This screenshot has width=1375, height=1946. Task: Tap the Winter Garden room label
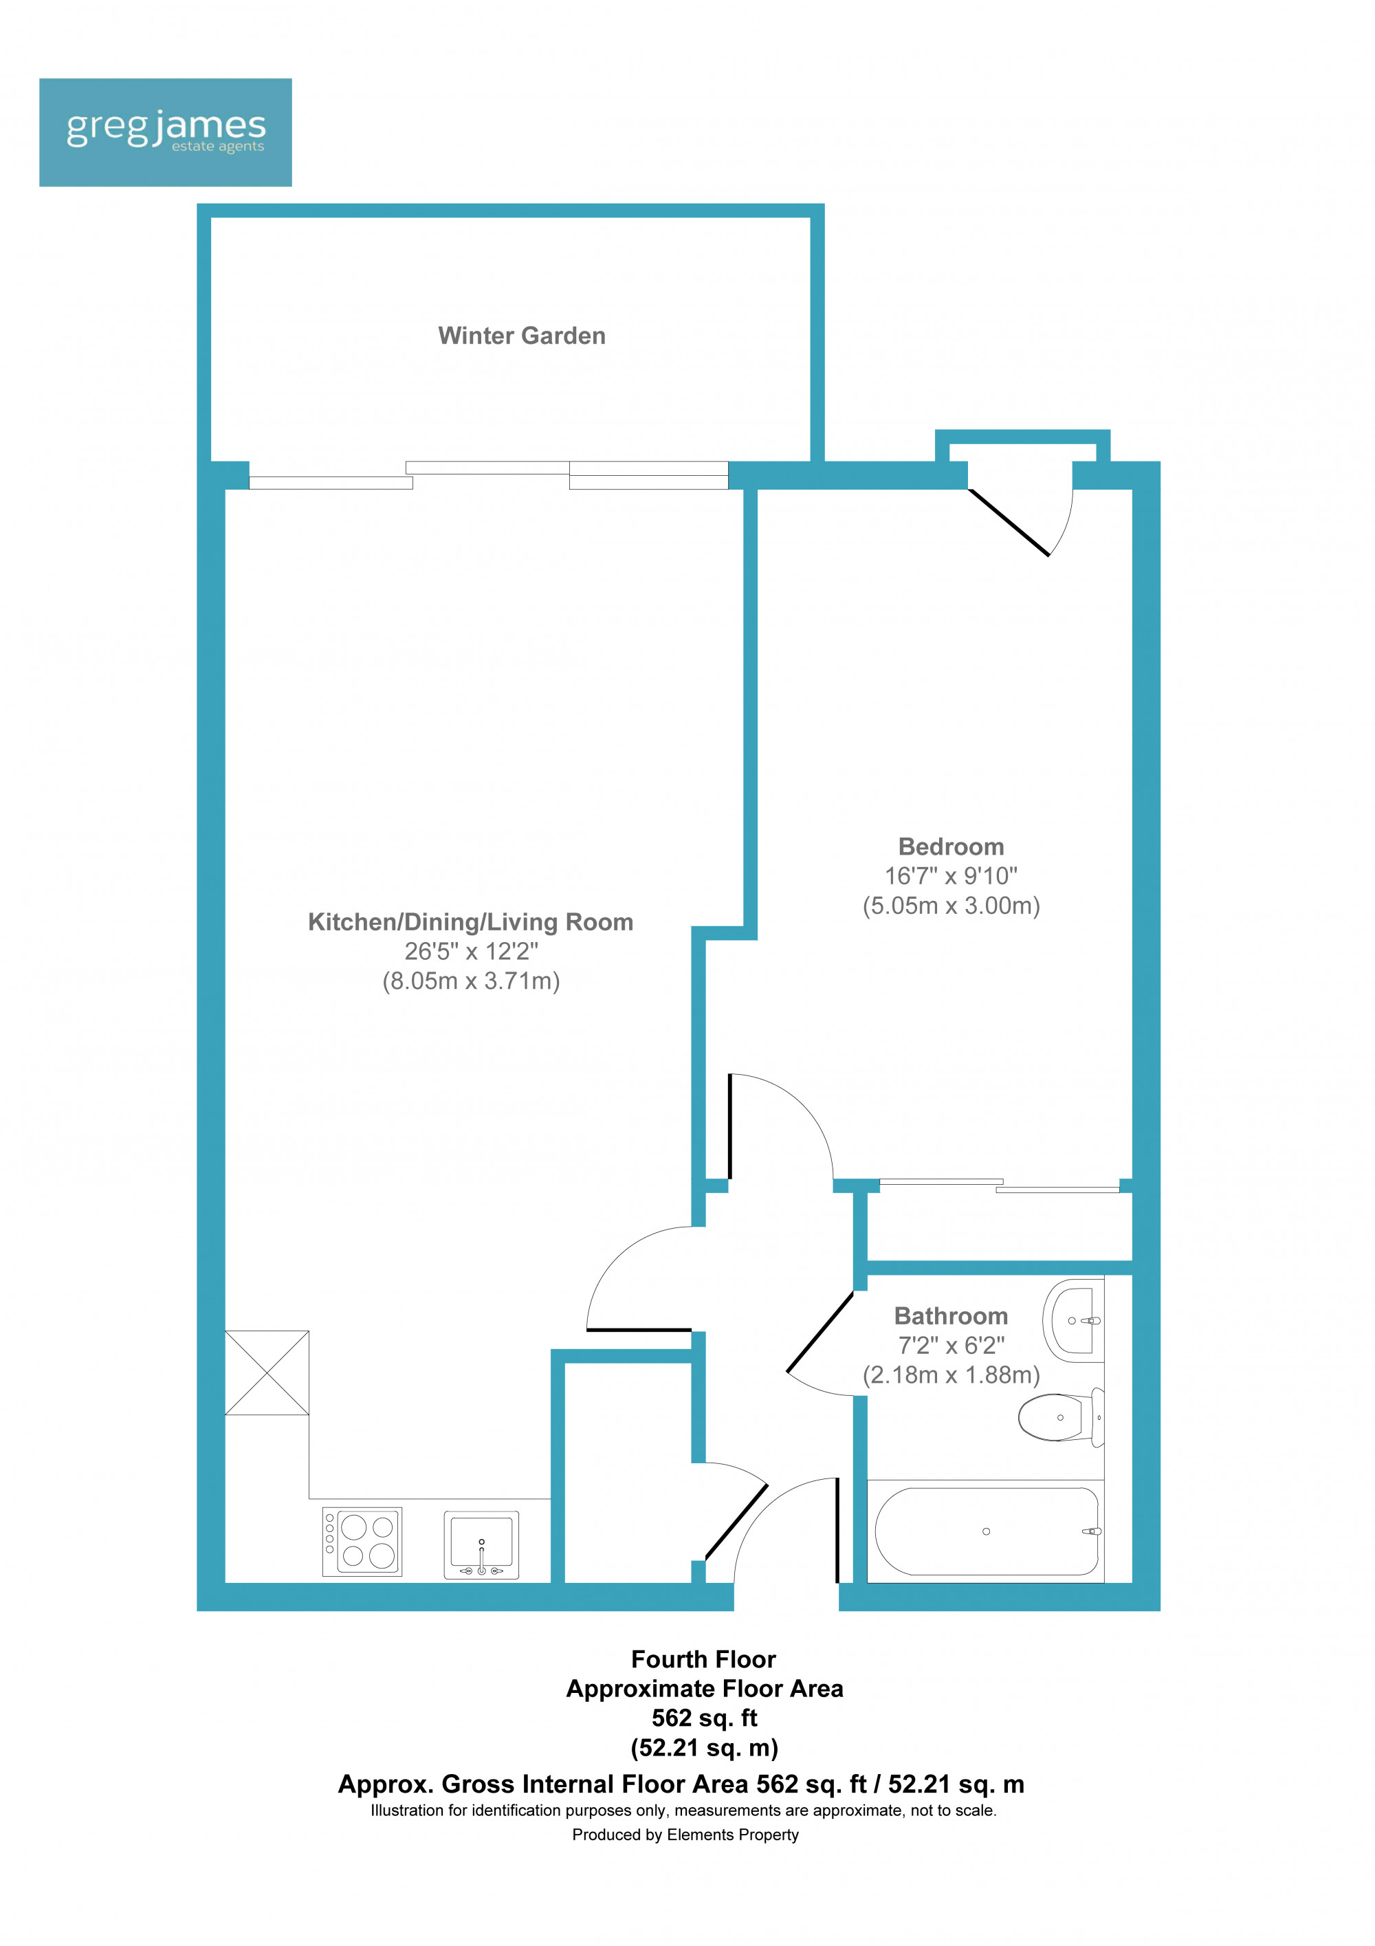point(522,336)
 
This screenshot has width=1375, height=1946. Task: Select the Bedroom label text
point(951,846)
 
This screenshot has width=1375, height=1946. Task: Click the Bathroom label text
point(951,1316)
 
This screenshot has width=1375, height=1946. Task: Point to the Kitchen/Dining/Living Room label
point(470,922)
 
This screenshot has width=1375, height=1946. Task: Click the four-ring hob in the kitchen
point(362,1542)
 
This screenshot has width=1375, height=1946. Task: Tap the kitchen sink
point(481,1545)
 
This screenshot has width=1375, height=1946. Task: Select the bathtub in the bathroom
point(986,1531)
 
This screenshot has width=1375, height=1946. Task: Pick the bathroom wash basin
point(1072,1320)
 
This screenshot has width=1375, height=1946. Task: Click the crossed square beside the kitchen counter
point(267,1373)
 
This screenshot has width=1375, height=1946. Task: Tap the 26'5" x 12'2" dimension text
point(471,952)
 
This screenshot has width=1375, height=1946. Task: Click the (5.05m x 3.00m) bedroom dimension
point(951,906)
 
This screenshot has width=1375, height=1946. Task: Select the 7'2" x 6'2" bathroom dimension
point(951,1345)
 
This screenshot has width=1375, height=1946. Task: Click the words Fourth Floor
point(703,1659)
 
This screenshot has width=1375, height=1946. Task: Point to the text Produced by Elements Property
point(685,1835)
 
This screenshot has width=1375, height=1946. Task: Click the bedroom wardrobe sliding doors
point(1000,1185)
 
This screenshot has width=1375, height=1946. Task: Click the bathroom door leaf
point(820,1331)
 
